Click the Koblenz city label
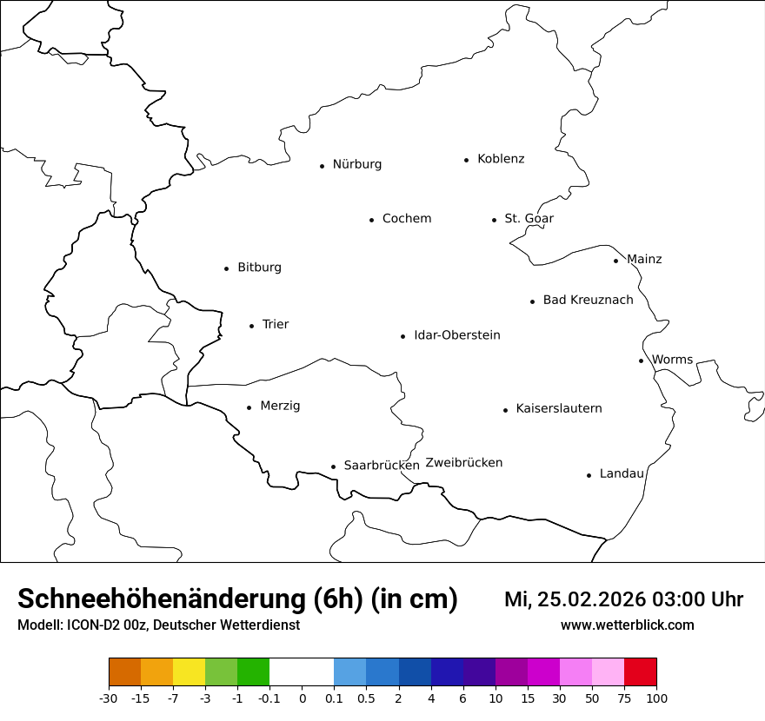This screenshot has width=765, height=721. [x=501, y=159]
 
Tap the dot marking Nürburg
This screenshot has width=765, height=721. [x=322, y=166]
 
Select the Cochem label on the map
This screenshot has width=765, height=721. [x=406, y=219]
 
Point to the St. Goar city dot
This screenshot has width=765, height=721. [x=494, y=220]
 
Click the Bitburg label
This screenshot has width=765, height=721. [x=259, y=268]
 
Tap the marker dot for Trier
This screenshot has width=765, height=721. [x=251, y=326]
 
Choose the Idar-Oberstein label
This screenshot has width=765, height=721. [x=456, y=335]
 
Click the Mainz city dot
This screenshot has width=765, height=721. [x=615, y=261]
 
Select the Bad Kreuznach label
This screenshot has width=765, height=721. [x=588, y=301]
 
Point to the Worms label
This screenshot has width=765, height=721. [x=672, y=360]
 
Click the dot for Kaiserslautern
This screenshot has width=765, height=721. [x=505, y=410]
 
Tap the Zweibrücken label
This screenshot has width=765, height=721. [x=463, y=463]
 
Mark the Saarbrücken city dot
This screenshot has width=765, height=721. [x=333, y=466]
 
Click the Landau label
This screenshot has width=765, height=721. [x=622, y=473]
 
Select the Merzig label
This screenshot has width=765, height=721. [x=280, y=406]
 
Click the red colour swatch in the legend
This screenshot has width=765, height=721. [x=640, y=672]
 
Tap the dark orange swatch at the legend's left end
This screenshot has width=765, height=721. [x=124, y=672]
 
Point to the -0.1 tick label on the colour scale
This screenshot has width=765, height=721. [x=269, y=698]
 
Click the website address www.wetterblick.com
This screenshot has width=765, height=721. [x=627, y=625]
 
